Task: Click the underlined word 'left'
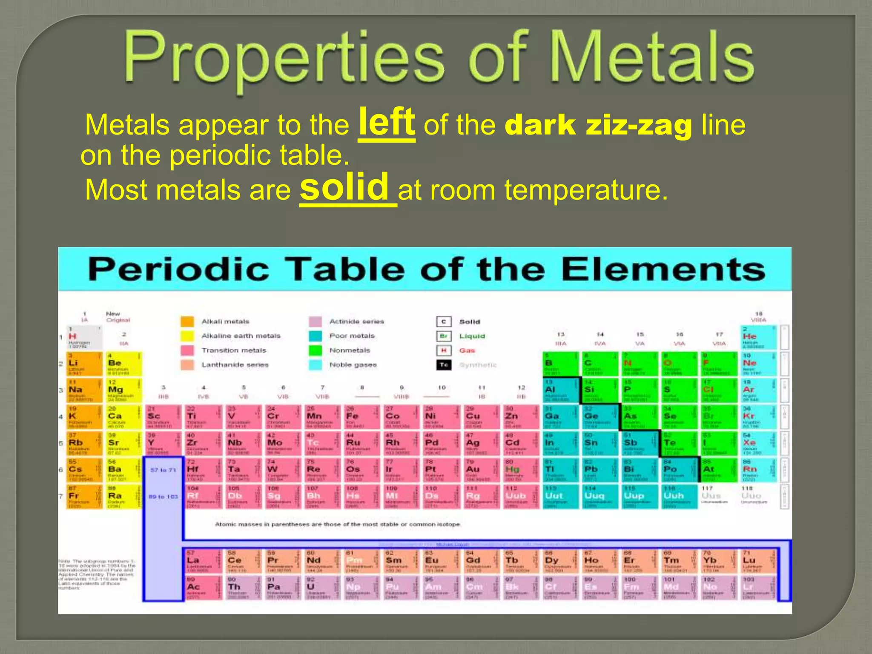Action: tap(387, 122)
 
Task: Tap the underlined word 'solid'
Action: tap(344, 187)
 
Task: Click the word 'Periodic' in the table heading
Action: tap(178, 270)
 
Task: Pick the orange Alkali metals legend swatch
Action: tap(187, 321)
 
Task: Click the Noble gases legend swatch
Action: tap(315, 365)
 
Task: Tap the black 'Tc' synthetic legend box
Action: tap(444, 365)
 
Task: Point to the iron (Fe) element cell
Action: tap(361, 418)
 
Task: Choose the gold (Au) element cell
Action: tap(482, 470)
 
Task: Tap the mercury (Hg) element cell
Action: tap(521, 470)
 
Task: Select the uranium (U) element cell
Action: tap(321, 588)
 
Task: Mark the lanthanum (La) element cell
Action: tap(202, 562)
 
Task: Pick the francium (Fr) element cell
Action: tap(84, 497)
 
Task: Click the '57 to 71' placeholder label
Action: tap(163, 470)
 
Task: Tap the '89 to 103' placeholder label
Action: tap(163, 496)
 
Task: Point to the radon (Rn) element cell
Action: tap(759, 470)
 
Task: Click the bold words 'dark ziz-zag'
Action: tap(598, 126)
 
